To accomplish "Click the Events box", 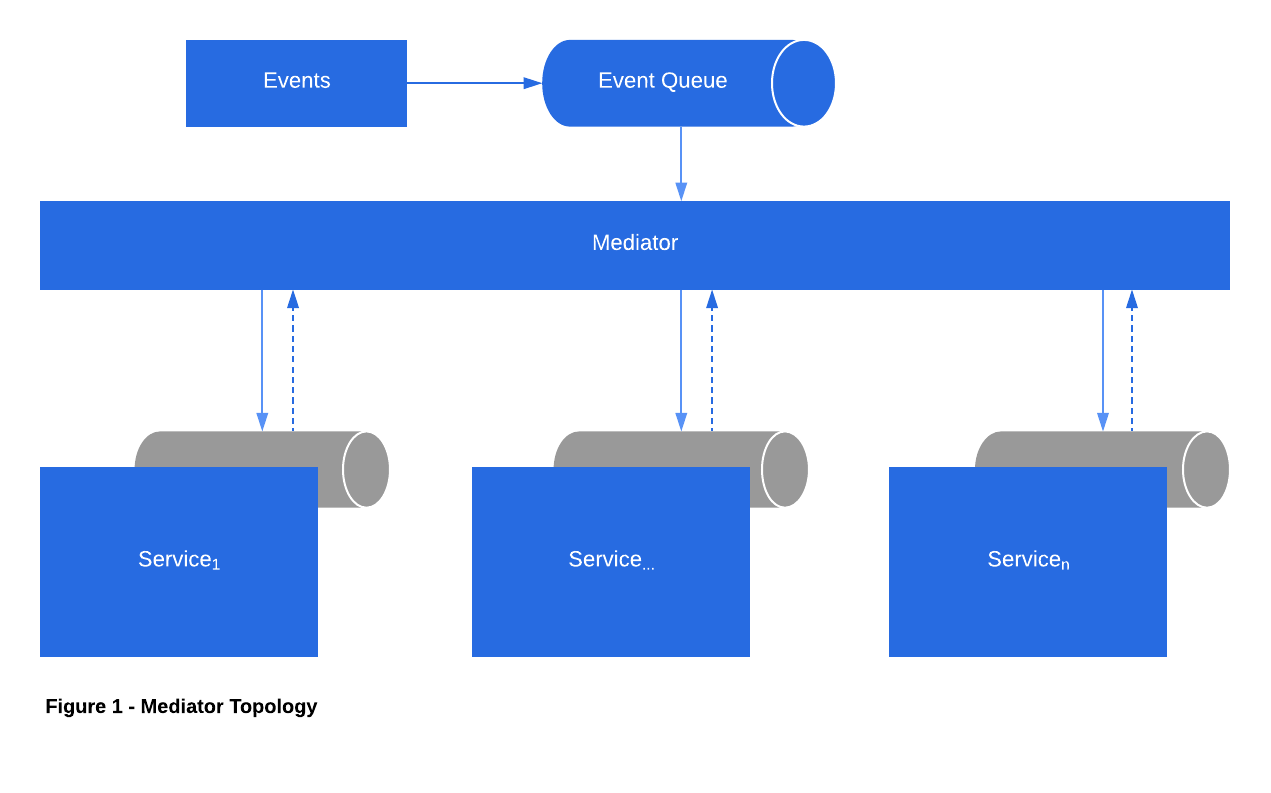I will (x=296, y=83).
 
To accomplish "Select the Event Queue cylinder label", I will (x=662, y=81).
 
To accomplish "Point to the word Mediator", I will (x=634, y=243).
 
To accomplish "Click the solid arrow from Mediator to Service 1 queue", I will (x=262, y=360).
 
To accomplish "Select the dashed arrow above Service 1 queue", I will (x=293, y=360).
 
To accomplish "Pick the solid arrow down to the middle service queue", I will (x=681, y=360).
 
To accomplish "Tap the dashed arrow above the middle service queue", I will (x=712, y=360).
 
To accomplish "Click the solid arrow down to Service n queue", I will (x=1103, y=360).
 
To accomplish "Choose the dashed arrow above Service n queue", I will (x=1132, y=360).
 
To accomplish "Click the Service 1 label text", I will (x=178, y=560).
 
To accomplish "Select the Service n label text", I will (x=1027, y=560).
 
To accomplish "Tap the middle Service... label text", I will (x=610, y=560).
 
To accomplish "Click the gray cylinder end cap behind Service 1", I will (x=366, y=469).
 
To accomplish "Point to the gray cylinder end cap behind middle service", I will (x=785, y=469).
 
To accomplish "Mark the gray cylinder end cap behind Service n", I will (x=1206, y=469).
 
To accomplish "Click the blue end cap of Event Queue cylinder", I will (x=803, y=83).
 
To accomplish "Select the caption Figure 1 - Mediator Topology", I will (x=181, y=707).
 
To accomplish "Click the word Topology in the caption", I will (x=273, y=707).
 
